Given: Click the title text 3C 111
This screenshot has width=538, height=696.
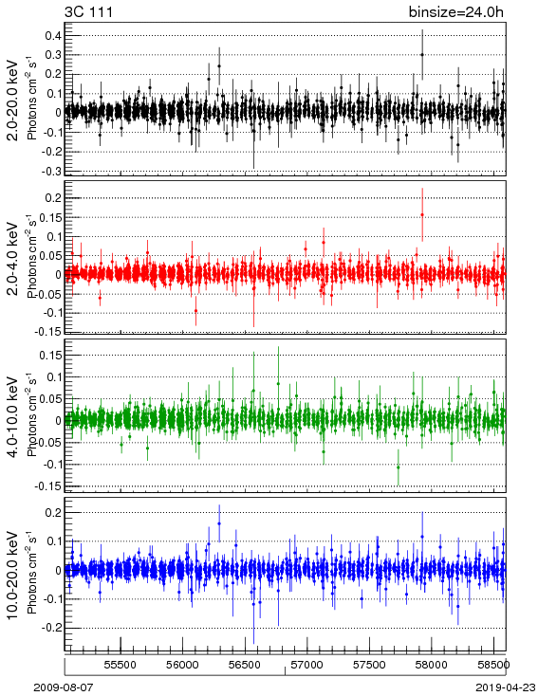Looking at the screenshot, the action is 88,11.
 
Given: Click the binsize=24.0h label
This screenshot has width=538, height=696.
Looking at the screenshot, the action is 456,11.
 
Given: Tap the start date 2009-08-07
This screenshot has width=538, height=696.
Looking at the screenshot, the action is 64,687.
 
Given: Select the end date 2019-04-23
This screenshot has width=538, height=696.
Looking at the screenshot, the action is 506,687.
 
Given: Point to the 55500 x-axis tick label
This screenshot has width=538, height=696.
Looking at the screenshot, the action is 121,665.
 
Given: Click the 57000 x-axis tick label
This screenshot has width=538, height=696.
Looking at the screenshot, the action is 307,665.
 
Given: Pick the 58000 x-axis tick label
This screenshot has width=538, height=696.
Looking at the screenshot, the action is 432,665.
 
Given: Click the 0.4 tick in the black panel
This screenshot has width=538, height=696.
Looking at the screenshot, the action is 53,35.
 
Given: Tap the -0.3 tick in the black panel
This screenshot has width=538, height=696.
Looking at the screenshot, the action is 50,171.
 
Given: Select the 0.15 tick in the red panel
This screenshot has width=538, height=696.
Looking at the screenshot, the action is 49,217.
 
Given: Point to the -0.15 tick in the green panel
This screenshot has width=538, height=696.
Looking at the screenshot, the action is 47,486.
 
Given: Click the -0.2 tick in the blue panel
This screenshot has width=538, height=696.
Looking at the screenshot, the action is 50,628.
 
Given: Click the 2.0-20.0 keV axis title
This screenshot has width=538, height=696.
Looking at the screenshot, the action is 13,100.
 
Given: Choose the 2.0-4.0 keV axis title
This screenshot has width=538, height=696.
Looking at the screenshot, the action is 13,258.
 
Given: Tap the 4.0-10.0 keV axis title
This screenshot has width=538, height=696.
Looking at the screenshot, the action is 13,417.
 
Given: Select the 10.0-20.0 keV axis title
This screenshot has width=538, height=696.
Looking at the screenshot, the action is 13,575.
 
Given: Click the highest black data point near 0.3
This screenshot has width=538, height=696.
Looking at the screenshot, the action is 422,55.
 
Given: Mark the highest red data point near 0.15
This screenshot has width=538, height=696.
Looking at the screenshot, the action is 422,215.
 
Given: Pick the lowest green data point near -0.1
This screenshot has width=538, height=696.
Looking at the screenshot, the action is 399,467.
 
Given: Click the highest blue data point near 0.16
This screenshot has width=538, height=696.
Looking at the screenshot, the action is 219,523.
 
